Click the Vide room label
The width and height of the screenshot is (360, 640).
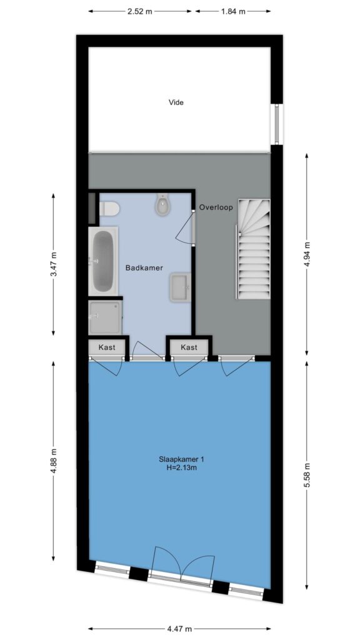coord(176,102)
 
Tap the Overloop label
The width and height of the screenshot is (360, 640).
coord(216,207)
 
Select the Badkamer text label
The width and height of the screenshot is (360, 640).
coord(144,268)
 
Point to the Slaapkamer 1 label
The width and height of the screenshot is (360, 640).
coord(182,459)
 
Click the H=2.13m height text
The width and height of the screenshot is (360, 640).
coord(182,467)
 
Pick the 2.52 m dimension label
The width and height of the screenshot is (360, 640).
coord(139,11)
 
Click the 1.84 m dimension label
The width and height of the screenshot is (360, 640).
coord(234,11)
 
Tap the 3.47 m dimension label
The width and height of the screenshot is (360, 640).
coord(54,264)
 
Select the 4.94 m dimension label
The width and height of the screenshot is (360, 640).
coord(307,254)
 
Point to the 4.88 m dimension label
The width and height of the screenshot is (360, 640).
coord(54,461)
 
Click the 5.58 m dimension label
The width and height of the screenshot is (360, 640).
coord(307,475)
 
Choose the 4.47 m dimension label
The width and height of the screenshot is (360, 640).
coord(179,629)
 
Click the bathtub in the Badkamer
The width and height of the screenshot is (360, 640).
coord(103,261)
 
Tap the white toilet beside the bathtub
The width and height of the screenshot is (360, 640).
coord(109,209)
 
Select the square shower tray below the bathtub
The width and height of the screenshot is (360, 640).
coord(105,317)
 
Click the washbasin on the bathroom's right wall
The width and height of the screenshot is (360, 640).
coord(179,287)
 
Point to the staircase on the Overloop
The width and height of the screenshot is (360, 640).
coord(254,249)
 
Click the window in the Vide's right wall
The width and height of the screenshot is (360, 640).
coord(276,124)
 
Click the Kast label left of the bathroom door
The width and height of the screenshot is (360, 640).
coord(107,347)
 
